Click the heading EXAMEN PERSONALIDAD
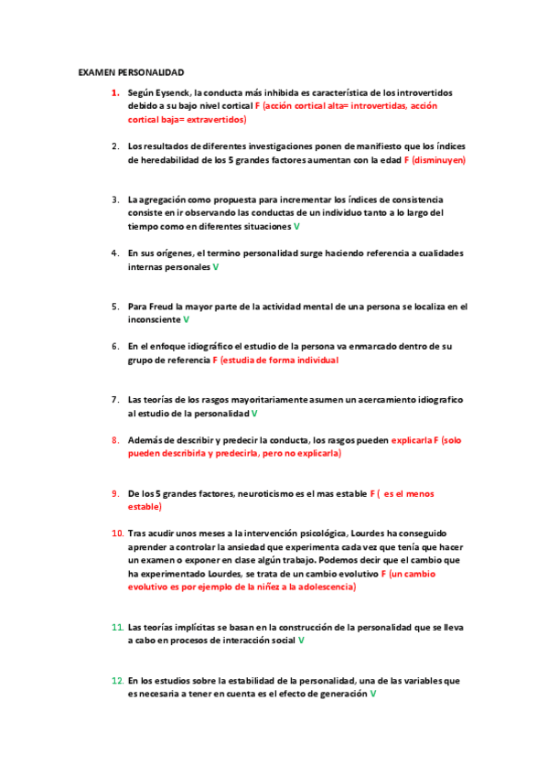click(x=131, y=71)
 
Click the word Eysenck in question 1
click(x=172, y=93)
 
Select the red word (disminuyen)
click(x=439, y=159)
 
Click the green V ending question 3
click(x=296, y=225)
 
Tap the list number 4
click(x=115, y=253)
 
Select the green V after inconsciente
click(x=187, y=319)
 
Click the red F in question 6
click(x=215, y=361)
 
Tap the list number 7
click(x=115, y=400)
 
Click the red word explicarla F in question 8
click(x=414, y=440)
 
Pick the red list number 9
click(x=115, y=494)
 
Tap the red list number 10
click(x=117, y=533)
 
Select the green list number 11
click(x=117, y=627)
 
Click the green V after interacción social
click(x=301, y=641)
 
